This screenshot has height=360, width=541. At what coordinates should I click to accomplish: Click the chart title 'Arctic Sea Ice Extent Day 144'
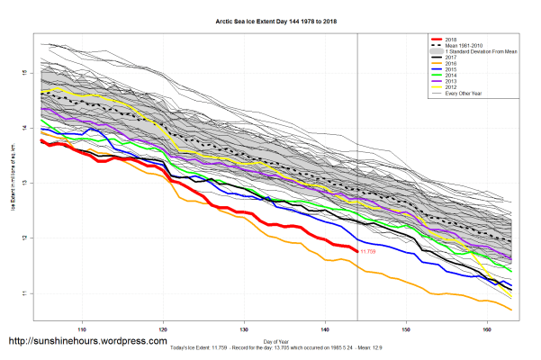(270, 22)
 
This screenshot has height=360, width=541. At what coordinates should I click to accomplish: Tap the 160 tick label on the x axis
(487, 317)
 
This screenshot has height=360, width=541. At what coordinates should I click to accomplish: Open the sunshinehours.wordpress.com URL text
(87, 342)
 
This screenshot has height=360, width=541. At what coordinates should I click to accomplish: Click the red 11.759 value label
(368, 252)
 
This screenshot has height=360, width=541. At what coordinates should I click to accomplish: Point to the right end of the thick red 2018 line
(357, 250)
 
